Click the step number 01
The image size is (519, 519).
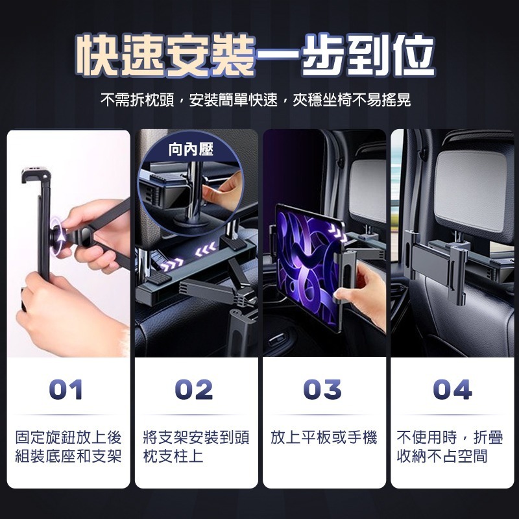coord(66,389)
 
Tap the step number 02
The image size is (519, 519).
coord(194,389)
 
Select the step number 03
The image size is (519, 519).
coord(322,389)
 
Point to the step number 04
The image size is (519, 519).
coord(452,389)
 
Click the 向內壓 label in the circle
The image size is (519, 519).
coord(191,149)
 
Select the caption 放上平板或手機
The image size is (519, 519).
coord(324,437)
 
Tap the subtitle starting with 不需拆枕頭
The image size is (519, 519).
coord(256,100)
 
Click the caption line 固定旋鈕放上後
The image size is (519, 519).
coord(68,437)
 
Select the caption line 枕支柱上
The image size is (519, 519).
coord(173,456)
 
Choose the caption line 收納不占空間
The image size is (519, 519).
coord(442,456)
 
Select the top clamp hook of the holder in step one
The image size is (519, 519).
coord(36,175)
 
